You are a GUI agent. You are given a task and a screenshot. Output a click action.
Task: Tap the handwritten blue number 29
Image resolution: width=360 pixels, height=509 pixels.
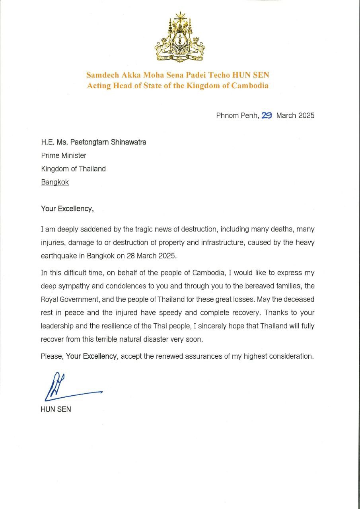point(267,115)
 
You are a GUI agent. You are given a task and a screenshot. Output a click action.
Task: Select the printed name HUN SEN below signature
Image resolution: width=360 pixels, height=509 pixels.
point(56,409)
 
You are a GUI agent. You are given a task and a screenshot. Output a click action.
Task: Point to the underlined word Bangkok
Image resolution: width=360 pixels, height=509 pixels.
point(55,182)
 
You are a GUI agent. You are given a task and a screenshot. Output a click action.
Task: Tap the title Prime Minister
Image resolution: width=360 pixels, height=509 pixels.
point(64,155)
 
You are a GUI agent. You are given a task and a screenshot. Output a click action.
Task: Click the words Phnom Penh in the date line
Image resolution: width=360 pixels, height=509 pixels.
point(237,115)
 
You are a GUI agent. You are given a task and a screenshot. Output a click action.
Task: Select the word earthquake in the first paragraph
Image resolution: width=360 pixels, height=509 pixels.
point(58,256)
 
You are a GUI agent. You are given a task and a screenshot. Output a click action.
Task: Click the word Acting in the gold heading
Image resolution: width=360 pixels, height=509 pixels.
point(98,86)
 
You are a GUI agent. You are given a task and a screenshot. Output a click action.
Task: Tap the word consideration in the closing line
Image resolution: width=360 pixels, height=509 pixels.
point(291,356)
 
